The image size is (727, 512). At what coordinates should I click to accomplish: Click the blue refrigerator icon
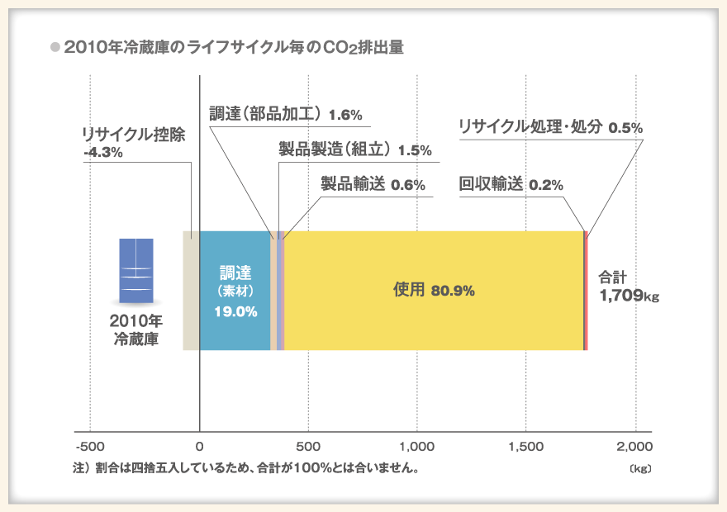(x=137, y=270)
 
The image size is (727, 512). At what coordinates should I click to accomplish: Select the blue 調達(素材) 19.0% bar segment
(x=235, y=291)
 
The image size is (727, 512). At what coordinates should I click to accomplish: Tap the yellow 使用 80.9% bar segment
(x=434, y=291)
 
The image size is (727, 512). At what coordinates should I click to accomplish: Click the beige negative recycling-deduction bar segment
(x=191, y=291)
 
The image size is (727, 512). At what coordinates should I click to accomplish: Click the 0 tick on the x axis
(x=200, y=447)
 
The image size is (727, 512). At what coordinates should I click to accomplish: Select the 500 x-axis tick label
(x=308, y=447)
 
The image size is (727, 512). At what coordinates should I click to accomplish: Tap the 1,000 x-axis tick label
(x=417, y=447)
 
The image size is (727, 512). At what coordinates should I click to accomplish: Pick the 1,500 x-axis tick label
(x=526, y=447)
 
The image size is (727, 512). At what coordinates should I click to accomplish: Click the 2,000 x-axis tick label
(x=635, y=447)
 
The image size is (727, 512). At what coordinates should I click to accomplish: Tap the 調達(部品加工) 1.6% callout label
(x=285, y=114)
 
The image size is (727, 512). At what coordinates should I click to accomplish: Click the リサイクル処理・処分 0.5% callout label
(x=549, y=127)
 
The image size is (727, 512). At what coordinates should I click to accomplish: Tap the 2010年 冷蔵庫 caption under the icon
(x=137, y=329)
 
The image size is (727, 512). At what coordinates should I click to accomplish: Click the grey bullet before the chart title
(x=55, y=48)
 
